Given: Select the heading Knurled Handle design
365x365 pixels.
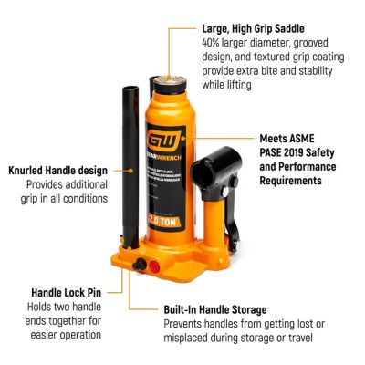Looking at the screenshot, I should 58,170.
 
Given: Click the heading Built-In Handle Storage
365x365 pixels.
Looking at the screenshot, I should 214,309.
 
